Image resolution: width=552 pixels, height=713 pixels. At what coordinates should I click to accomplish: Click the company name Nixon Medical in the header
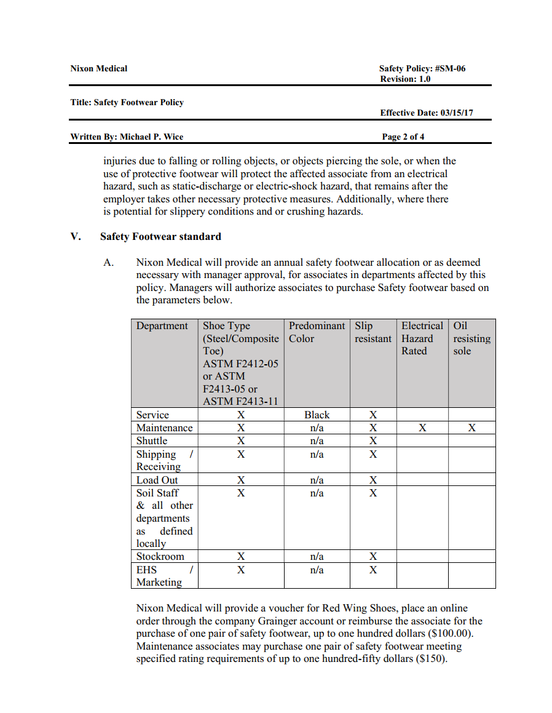coord(98,69)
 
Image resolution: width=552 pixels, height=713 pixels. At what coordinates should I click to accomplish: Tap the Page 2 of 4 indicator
coord(403,137)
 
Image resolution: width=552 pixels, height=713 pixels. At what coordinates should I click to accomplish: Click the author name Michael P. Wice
coord(151,137)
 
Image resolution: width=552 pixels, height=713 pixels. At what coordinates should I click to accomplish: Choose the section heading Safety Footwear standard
coord(160,236)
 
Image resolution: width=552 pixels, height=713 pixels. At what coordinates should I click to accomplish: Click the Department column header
coord(162,326)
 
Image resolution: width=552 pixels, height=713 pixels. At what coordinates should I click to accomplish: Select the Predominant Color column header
coord(317,332)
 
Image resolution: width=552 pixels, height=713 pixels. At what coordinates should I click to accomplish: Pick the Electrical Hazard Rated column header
coord(422,338)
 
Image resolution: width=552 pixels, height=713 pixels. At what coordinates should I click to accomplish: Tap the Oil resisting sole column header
coord(471,338)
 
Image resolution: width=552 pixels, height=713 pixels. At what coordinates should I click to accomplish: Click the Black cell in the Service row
coord(317,415)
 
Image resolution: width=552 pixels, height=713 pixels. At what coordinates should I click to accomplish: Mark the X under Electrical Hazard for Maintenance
coord(422,428)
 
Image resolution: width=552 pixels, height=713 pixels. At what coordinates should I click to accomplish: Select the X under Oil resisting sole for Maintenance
coord(471,428)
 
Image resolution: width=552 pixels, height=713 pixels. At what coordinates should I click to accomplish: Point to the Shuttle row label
coord(152,441)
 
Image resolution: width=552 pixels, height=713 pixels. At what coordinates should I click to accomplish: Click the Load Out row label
coord(157,480)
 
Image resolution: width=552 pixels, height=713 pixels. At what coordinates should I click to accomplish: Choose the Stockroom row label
coord(160,557)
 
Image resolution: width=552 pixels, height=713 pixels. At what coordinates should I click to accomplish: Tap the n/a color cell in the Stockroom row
coord(317,557)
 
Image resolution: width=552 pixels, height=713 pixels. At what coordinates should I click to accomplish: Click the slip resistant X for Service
coord(373,415)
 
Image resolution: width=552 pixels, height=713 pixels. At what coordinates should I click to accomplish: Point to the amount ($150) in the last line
coord(431,659)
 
